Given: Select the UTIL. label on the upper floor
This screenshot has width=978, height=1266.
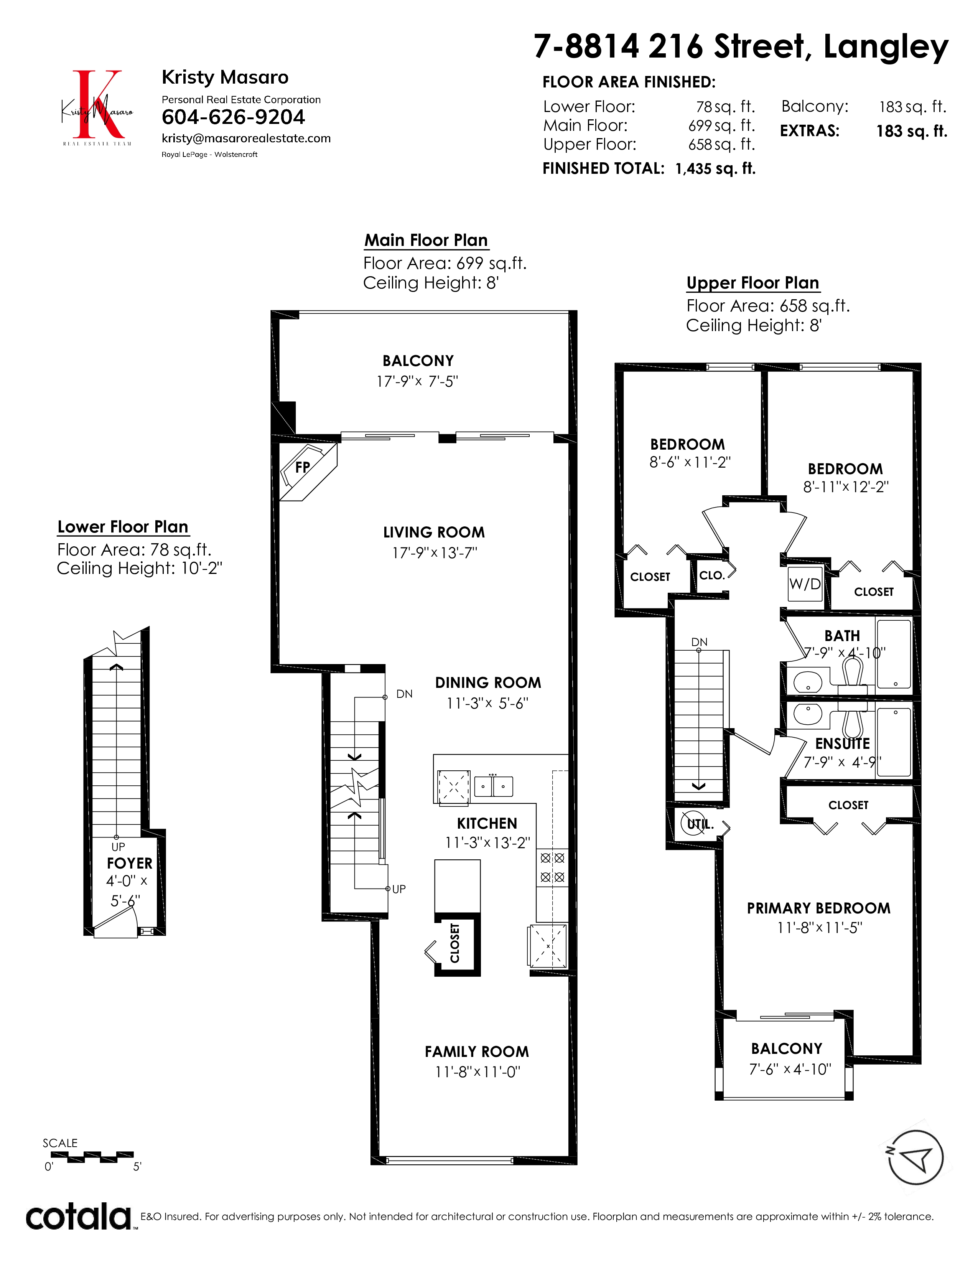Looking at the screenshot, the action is (x=700, y=824).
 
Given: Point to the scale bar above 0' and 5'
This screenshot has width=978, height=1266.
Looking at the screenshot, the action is (x=92, y=1157).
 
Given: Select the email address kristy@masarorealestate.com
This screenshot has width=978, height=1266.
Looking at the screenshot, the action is (x=246, y=138).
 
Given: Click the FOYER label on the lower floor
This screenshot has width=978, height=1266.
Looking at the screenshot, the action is (x=129, y=863).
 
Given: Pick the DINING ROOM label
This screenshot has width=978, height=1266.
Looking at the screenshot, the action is (x=488, y=683).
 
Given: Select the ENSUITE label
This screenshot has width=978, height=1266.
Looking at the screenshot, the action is (x=843, y=744).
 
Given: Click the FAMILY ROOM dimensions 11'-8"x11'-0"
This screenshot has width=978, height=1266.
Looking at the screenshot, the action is (x=478, y=1072).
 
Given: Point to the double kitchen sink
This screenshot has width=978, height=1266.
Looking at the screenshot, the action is (x=494, y=786).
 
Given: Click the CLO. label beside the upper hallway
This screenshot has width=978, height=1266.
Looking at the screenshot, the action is (x=712, y=575).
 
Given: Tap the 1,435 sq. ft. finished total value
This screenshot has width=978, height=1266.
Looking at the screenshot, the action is (x=716, y=169).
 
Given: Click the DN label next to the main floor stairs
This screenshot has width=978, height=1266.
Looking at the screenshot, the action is (x=404, y=694).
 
